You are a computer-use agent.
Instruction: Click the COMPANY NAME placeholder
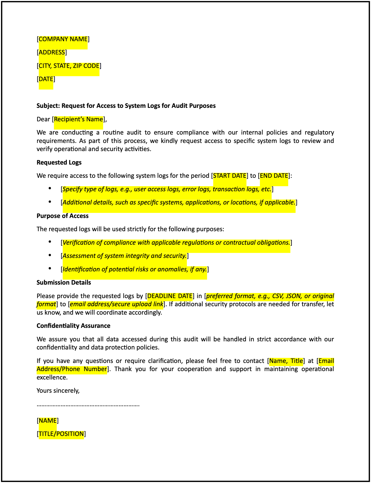tap(63, 39)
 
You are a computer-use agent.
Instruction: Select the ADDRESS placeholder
tap(52, 52)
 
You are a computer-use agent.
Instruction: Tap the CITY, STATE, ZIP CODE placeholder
tap(69, 66)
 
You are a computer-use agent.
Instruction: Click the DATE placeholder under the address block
tap(46, 79)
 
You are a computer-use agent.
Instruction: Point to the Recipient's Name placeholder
tap(78, 119)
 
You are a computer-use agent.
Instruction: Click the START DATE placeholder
tap(230, 176)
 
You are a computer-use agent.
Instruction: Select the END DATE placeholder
tap(274, 176)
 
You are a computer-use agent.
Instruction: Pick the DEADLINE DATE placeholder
tap(170, 296)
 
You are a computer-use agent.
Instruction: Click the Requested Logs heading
tap(59, 163)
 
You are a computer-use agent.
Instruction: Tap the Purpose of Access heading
tap(63, 216)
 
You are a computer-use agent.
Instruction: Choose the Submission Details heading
tap(64, 283)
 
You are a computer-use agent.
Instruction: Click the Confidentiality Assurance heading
tap(73, 326)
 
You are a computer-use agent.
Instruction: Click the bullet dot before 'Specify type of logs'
tap(50, 188)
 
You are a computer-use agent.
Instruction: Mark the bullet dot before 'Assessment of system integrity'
tap(50, 255)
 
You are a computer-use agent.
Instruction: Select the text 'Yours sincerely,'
tap(58, 391)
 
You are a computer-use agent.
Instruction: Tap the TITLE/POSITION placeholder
tap(61, 434)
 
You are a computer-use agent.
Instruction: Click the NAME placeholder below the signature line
tap(48, 421)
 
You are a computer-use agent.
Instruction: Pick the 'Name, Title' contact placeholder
tap(286, 361)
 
